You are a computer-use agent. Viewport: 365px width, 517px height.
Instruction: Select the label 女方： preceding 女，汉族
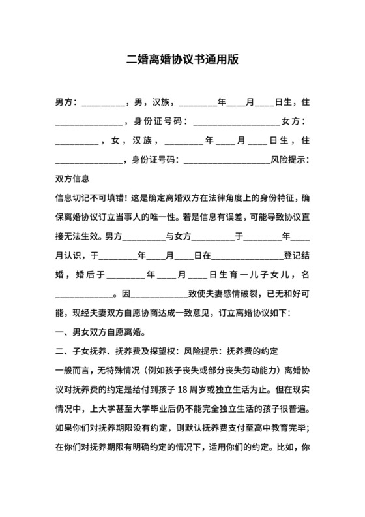click(x=293, y=121)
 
